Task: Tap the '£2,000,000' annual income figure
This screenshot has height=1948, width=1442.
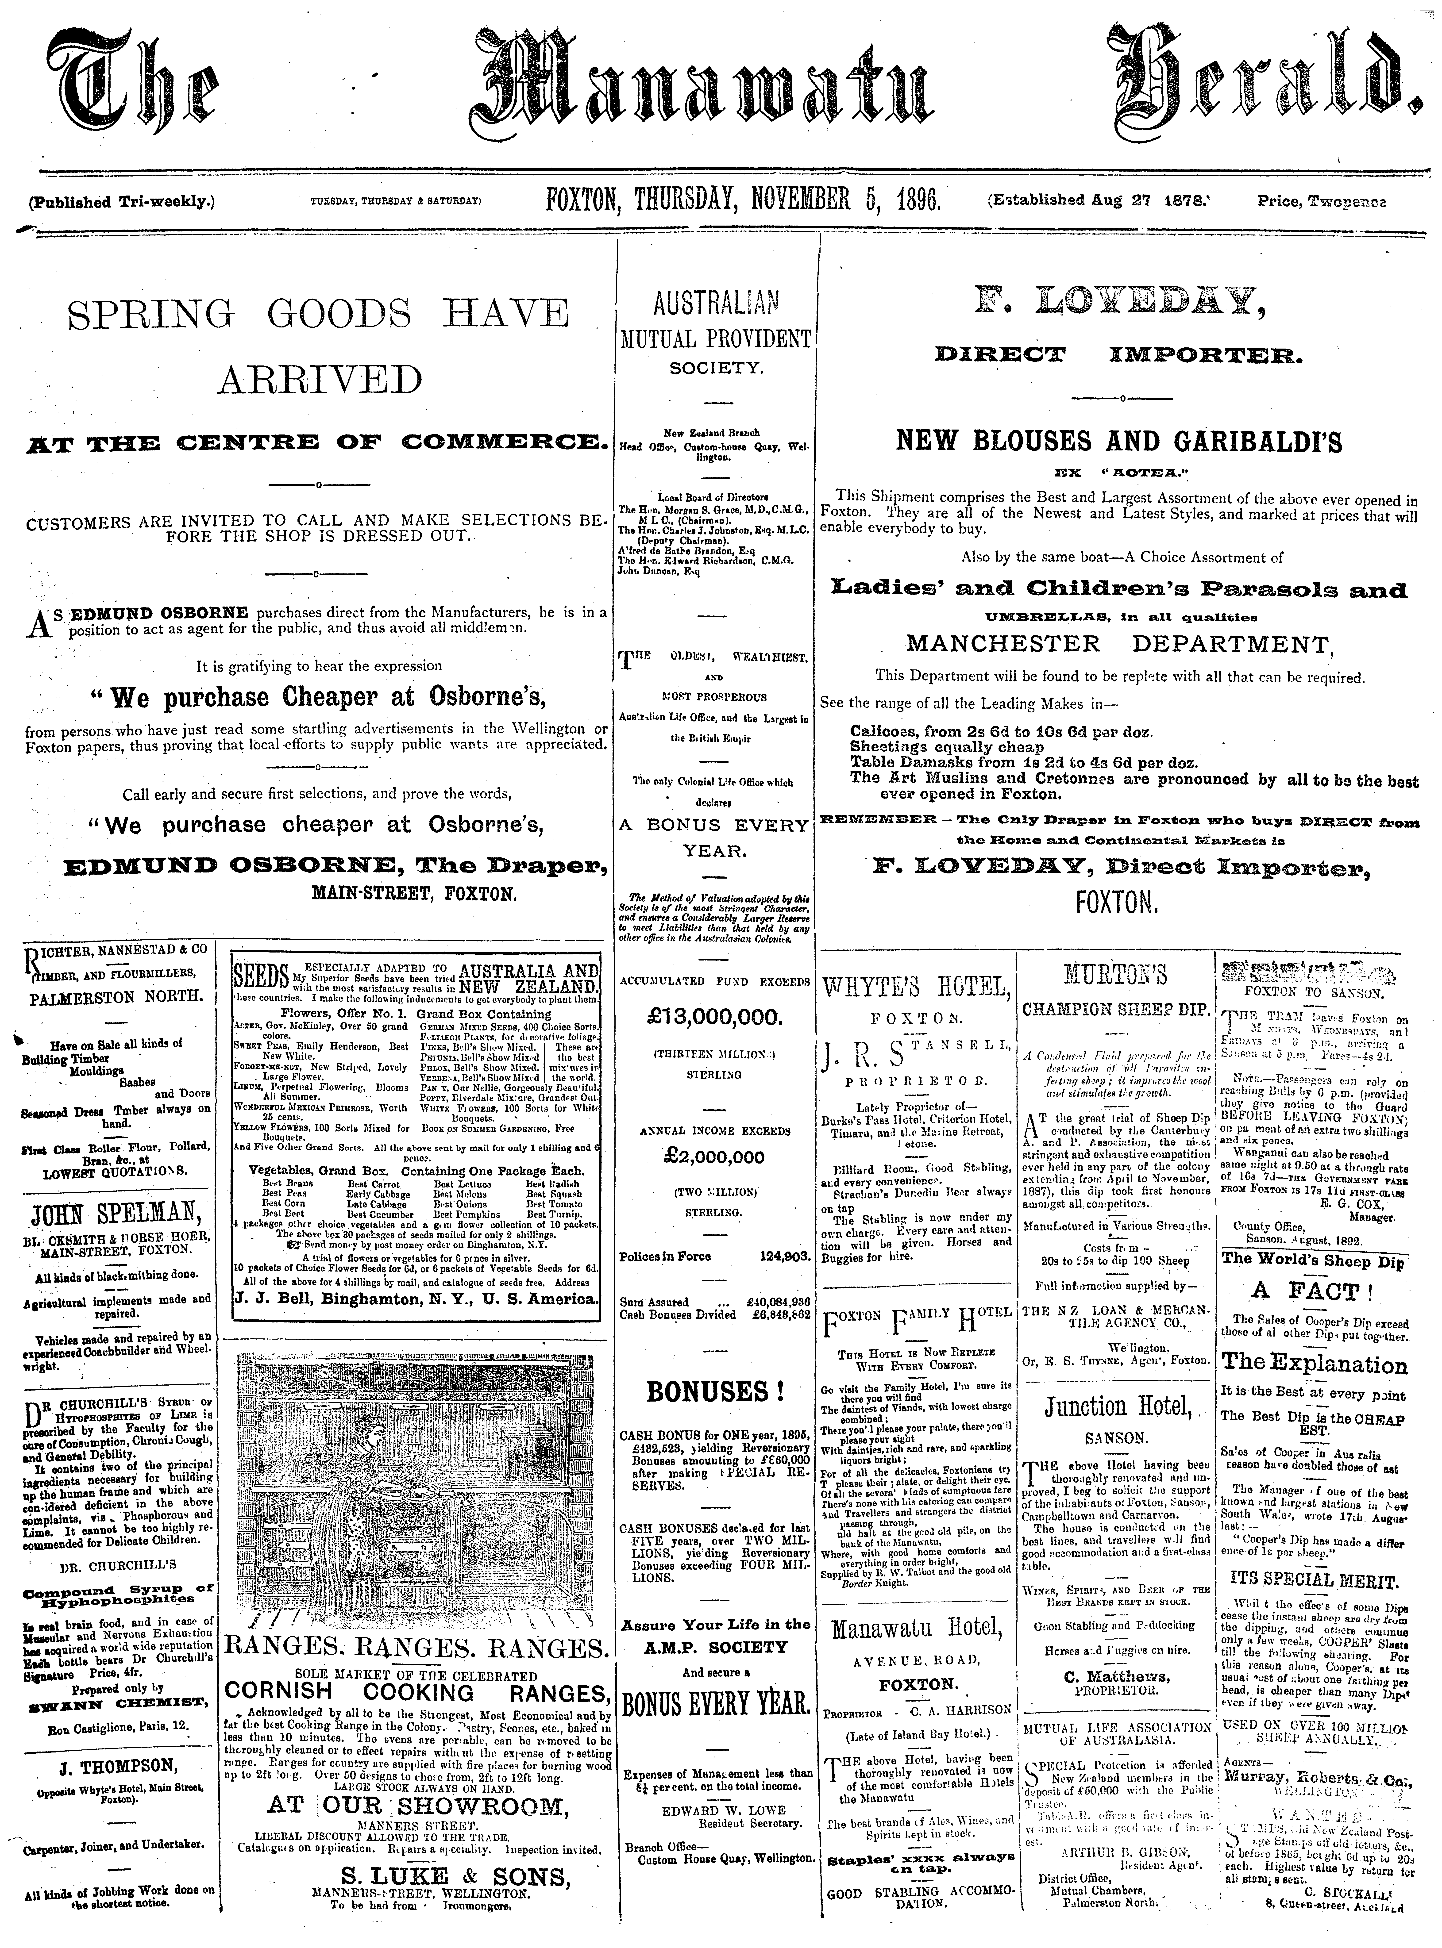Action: [x=714, y=1157]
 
